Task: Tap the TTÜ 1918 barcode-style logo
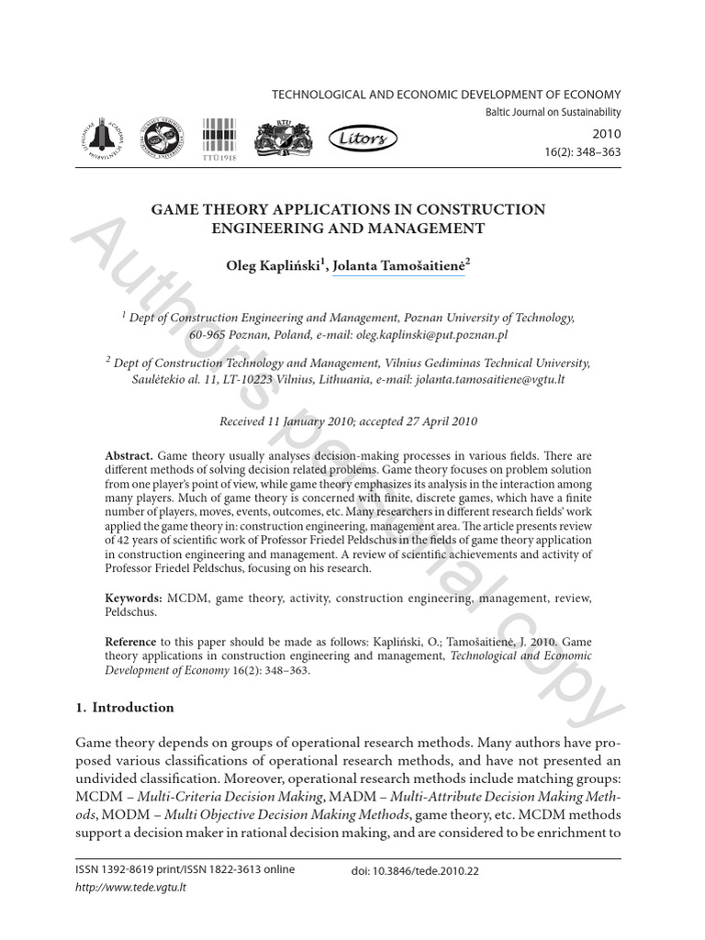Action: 218,139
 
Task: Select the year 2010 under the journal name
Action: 607,132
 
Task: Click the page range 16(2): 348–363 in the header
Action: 584,151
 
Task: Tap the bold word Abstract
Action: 129,456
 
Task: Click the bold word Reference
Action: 132,642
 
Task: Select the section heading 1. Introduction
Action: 124,707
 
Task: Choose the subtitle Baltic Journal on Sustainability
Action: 552,112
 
